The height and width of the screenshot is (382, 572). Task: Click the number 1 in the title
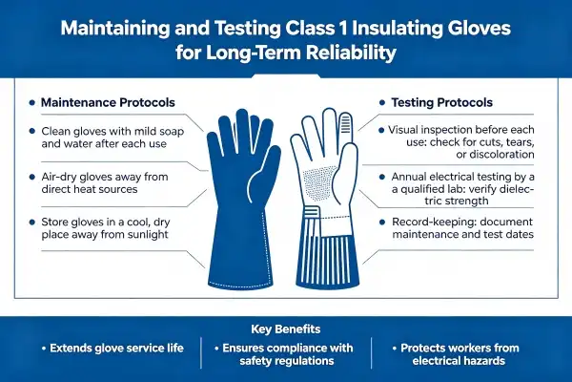coord(341,29)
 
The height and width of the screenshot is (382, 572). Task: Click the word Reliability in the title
coord(351,53)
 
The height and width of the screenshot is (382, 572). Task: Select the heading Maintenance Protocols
coord(108,103)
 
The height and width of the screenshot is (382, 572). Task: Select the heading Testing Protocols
coord(441,103)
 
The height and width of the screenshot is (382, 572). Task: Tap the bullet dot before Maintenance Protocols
coord(32,103)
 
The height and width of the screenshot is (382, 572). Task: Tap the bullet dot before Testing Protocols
coord(382,103)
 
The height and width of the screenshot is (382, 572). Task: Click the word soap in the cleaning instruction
coord(170,132)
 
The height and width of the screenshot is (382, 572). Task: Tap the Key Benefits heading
coord(286,329)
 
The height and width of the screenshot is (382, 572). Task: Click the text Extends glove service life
coord(116,348)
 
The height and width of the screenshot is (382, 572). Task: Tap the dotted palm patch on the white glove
coord(320,182)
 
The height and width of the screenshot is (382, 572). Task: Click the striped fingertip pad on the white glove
coord(345,123)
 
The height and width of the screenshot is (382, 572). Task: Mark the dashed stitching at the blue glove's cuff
coord(241,284)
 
